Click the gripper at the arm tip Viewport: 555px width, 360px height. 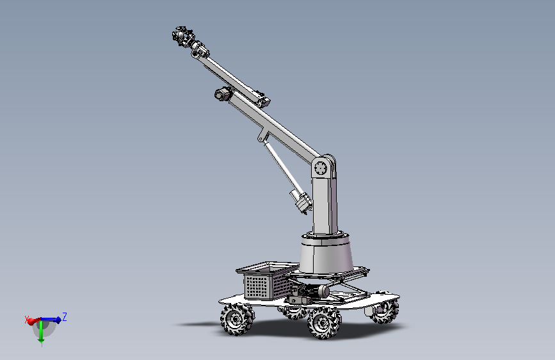(x=182, y=36)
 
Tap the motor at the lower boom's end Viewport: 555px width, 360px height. (x=222, y=94)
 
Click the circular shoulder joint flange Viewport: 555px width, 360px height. (x=321, y=167)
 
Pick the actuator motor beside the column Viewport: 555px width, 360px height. (x=302, y=201)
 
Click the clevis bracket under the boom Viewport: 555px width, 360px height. (x=262, y=136)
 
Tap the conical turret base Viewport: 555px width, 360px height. (x=326, y=253)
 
